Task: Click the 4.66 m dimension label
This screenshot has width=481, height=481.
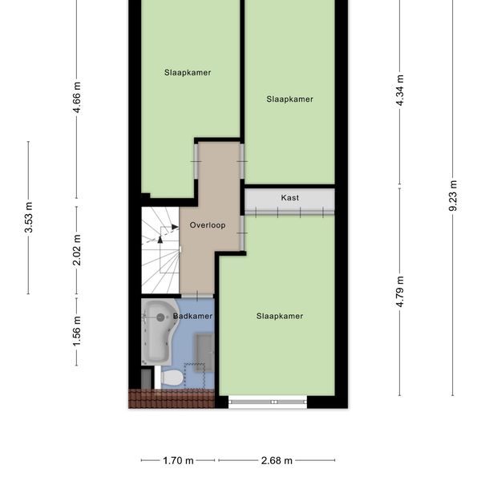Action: pos(77,97)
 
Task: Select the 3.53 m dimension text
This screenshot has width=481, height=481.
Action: pos(29,217)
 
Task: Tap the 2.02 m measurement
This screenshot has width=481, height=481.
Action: pos(77,250)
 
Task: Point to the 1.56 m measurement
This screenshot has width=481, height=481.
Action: pos(77,331)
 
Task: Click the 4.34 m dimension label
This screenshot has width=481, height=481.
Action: pos(400,90)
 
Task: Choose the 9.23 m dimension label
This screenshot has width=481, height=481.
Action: pos(453,196)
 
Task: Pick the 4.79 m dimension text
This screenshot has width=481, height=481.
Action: pos(400,292)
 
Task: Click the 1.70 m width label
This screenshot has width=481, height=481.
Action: pos(178,460)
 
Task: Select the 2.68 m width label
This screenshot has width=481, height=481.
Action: pos(277,460)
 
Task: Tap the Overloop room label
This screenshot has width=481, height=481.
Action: pos(208,225)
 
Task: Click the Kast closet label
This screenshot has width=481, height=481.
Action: pos(290,197)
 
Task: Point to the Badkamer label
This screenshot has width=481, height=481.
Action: pos(192,316)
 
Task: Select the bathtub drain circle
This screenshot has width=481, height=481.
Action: pos(160,317)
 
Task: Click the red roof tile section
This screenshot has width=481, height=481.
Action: pos(172,398)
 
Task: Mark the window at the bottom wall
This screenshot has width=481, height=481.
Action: pos(268,402)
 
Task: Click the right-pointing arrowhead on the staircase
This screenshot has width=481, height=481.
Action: pos(175,227)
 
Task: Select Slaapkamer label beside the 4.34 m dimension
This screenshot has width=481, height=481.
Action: pos(290,99)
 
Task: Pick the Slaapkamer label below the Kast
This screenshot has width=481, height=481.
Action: pos(280,316)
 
